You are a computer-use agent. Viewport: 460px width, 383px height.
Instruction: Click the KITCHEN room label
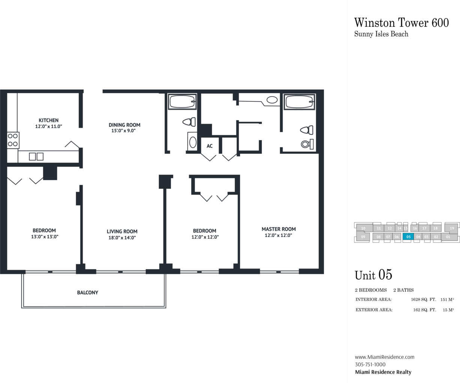48,121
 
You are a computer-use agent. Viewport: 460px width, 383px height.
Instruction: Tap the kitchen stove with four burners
13,140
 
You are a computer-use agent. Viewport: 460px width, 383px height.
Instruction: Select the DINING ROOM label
125,125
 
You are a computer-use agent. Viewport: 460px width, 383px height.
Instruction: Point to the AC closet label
209,146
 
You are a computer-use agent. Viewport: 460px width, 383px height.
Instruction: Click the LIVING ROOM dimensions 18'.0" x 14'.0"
122,238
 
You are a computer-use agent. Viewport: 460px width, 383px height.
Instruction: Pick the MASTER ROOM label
279,229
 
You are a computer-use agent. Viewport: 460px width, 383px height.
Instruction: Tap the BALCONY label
87,293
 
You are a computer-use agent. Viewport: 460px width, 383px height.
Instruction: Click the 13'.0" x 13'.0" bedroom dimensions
45,237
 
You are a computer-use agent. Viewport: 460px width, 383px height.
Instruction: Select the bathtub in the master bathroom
299,102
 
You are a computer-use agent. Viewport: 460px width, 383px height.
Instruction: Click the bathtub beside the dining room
182,102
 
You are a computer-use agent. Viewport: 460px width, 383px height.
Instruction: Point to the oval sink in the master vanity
272,100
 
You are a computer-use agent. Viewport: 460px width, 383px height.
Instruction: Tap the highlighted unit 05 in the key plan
408,237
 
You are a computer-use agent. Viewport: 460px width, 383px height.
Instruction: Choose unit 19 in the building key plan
452,228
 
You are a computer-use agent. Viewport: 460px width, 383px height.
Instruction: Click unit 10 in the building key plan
363,228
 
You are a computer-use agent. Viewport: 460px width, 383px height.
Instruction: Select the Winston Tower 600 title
401,23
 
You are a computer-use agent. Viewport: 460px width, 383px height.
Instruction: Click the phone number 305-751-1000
370,365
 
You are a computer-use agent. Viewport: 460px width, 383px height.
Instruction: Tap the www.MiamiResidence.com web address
385,357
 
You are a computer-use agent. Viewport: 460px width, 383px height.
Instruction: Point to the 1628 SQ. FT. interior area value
424,299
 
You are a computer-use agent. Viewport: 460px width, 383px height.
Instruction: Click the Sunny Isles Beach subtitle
381,34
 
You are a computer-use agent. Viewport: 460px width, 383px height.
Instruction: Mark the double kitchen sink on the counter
36,157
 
